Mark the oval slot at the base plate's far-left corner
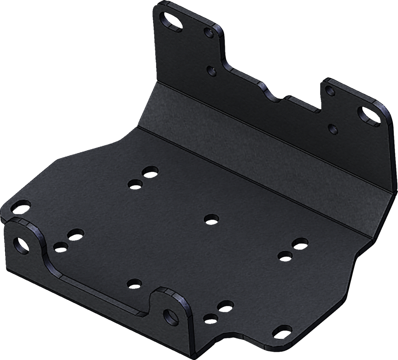20,208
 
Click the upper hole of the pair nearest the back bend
149,172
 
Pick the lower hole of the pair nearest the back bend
135,184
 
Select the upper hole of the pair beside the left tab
75,235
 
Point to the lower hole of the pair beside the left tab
60,247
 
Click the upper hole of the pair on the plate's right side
300,243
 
